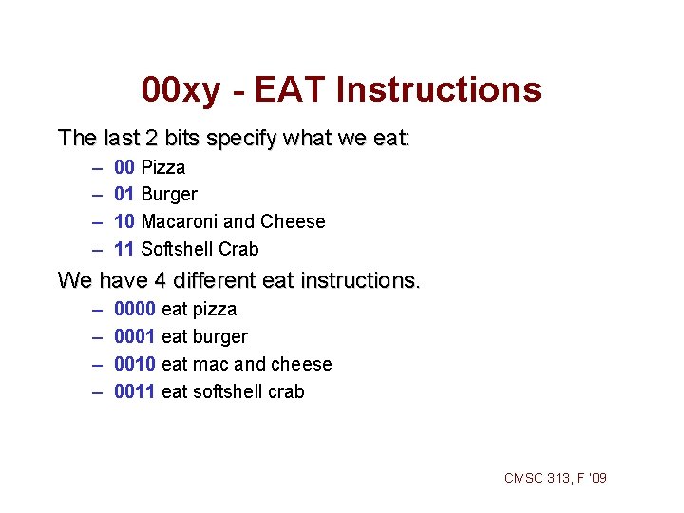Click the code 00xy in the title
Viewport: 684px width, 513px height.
[x=180, y=90]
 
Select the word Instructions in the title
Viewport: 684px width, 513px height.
[x=439, y=90]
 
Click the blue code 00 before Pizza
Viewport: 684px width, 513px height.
[x=123, y=167]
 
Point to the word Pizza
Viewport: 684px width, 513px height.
[x=163, y=167]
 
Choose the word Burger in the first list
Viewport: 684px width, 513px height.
[x=169, y=195]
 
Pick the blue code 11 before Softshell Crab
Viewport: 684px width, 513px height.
[x=123, y=250]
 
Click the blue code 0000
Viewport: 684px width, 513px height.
[x=135, y=310]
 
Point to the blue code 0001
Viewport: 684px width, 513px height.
[x=135, y=337]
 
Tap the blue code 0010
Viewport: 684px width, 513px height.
[x=135, y=365]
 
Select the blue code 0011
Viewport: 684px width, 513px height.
[x=135, y=391]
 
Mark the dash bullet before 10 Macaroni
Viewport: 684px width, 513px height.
[x=98, y=222]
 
